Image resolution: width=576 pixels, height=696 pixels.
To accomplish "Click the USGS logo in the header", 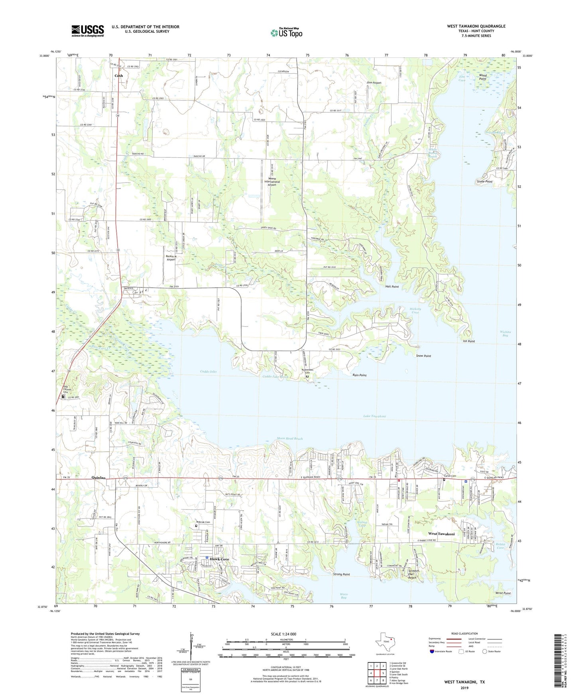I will [x=88, y=31].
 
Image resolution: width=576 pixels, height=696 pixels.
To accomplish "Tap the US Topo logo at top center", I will [x=286, y=33].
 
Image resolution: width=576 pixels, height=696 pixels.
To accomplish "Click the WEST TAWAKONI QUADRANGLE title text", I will [x=476, y=26].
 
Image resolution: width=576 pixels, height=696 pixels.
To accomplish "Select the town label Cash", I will [x=119, y=76].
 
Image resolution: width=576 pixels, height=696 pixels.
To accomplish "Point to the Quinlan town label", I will [x=99, y=478].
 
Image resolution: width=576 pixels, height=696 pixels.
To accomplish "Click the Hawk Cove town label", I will [x=220, y=559].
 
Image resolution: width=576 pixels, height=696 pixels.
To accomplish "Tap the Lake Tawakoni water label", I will [x=374, y=416].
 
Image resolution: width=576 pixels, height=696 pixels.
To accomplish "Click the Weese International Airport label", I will [x=272, y=182].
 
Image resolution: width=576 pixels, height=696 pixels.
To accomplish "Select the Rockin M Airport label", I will [x=171, y=258].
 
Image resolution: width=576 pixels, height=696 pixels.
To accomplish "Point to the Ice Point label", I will [x=469, y=341].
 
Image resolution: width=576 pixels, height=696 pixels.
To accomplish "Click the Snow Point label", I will [x=423, y=356].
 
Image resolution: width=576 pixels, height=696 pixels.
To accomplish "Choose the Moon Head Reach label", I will [x=290, y=438].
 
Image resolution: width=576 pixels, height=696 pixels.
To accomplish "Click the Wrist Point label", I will [x=503, y=593].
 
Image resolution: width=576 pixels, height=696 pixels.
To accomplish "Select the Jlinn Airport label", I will [x=374, y=83].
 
